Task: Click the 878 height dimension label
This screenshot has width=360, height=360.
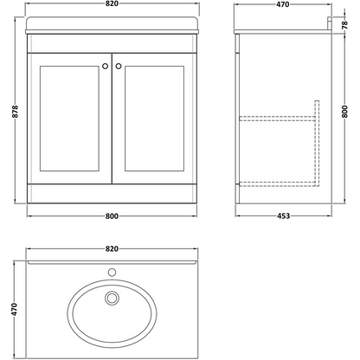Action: pos(16,112)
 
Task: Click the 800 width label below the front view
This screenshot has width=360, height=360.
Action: pos(112,216)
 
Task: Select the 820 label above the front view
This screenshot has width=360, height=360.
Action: pos(112,3)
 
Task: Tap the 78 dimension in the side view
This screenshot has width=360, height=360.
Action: pos(344,25)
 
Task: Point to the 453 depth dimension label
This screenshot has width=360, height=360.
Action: pos(283,216)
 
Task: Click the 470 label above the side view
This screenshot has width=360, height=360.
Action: pos(282,4)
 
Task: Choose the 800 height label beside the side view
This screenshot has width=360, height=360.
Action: pos(344,112)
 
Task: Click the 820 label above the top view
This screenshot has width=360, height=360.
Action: pos(112,248)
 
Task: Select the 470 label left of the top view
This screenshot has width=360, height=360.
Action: pos(15,309)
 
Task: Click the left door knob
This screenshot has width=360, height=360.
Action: pos(106,66)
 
